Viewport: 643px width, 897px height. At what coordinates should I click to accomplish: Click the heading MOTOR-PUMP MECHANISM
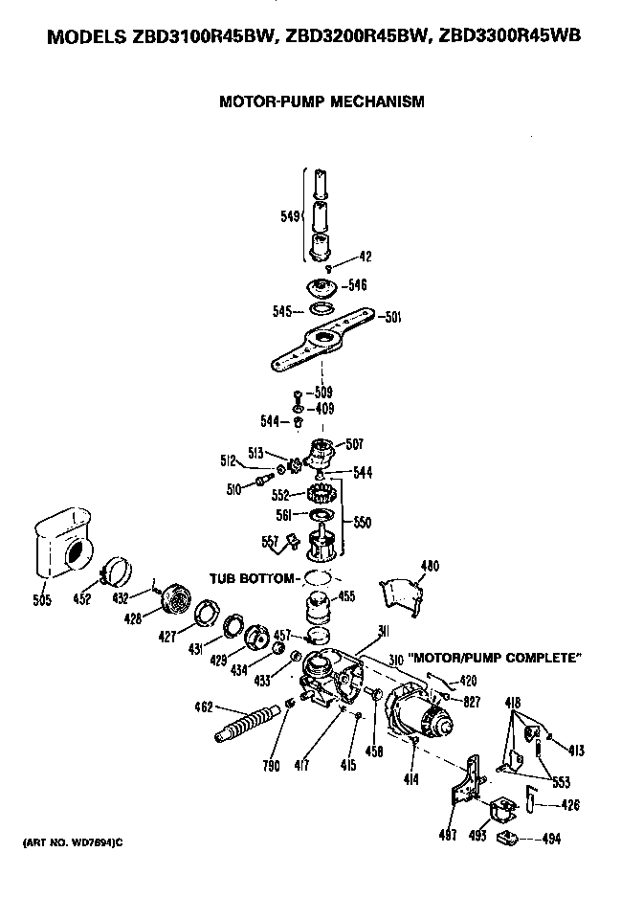tap(321, 101)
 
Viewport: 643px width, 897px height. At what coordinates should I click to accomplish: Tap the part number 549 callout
tap(290, 216)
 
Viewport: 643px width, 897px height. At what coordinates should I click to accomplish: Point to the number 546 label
tap(358, 284)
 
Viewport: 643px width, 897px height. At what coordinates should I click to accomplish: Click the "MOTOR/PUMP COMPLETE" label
tap(497, 659)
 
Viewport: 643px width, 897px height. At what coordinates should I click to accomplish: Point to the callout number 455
tap(346, 595)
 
